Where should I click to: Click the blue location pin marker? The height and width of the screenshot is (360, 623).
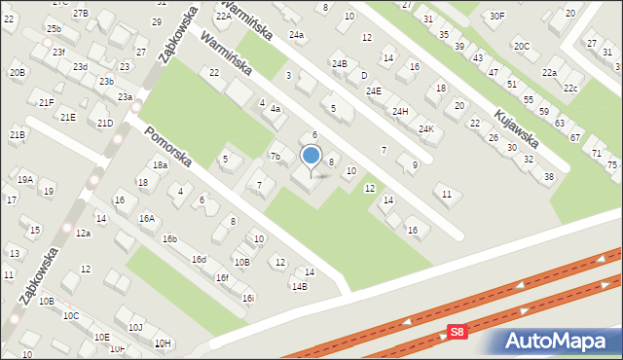click(311, 156)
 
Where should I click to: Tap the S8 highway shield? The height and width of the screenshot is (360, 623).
click(458, 332)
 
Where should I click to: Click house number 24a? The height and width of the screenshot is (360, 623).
click(296, 35)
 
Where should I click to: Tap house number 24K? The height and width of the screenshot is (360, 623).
click(425, 128)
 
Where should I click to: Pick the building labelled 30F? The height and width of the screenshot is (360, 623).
click(497, 16)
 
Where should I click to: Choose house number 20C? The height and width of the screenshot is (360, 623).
click(522, 46)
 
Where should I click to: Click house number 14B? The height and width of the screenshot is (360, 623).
click(299, 286)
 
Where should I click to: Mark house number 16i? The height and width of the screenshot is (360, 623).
click(248, 298)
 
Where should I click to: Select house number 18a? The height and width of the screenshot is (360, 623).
click(159, 165)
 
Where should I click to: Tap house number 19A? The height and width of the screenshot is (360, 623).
click(25, 179)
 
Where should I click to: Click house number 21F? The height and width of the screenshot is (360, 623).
click(46, 102)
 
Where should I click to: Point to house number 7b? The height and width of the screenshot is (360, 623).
click(275, 157)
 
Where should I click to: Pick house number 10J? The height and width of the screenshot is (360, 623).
click(135, 327)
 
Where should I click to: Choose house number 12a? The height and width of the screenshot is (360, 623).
click(84, 233)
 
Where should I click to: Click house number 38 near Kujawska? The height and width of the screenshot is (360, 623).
click(549, 176)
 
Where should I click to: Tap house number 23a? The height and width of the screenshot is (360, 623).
click(125, 97)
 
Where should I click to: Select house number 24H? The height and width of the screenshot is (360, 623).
click(400, 111)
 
